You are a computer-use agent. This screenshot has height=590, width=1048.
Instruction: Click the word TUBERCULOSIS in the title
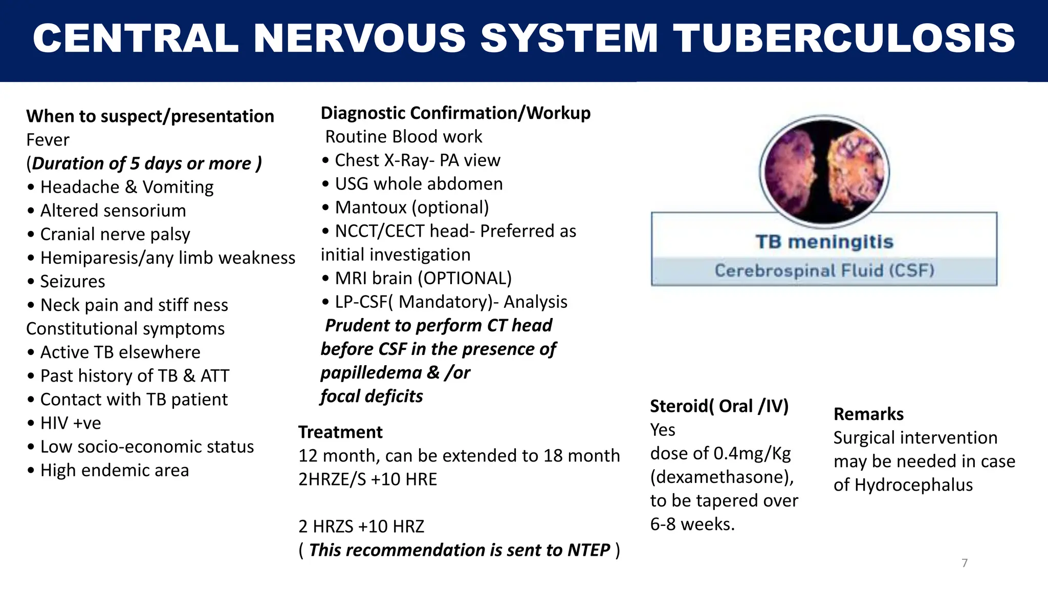tap(843, 38)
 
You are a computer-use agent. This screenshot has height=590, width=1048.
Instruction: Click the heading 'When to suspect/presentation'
tap(150, 116)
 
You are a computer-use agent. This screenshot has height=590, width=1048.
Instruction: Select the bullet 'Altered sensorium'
tap(113, 210)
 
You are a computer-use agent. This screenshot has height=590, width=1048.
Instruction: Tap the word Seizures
tap(72, 281)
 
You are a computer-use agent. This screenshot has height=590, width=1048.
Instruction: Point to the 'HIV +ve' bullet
tap(71, 423)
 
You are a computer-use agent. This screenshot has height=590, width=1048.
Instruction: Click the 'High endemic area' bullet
tap(114, 470)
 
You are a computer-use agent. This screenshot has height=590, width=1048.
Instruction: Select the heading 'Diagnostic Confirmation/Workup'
tap(455, 113)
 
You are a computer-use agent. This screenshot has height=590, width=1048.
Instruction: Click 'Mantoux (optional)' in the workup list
tap(411, 207)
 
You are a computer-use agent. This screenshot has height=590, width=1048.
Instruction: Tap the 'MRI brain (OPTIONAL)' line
tap(423, 278)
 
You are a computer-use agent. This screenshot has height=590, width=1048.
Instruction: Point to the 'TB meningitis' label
tap(824, 242)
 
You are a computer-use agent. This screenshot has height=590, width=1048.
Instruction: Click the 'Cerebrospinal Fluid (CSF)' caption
tap(824, 270)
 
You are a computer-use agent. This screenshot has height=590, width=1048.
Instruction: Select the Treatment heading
tap(340, 432)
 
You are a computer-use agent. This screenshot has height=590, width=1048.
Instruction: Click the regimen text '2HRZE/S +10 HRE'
tap(367, 479)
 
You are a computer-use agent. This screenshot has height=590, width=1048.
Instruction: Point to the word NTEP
tap(588, 550)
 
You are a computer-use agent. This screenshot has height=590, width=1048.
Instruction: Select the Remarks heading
tap(868, 414)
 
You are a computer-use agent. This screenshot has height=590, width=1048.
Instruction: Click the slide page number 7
tap(965, 563)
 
